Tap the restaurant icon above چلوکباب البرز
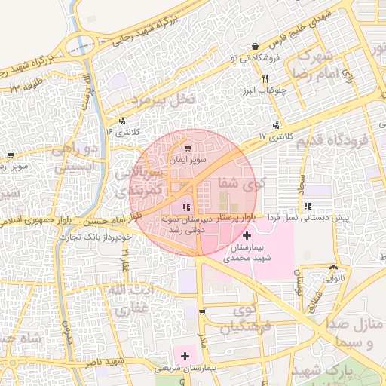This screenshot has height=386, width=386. click(265, 79)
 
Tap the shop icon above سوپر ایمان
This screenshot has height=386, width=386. click(188, 149)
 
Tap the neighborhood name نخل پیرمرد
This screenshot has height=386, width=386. click(163, 99)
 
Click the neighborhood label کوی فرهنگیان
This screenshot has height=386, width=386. click(244, 318)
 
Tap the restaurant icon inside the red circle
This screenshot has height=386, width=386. click(186, 207)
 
